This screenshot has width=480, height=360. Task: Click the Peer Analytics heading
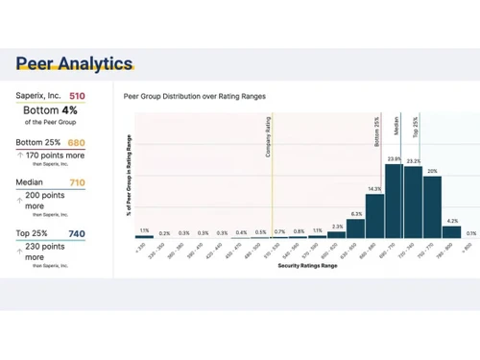[74, 64]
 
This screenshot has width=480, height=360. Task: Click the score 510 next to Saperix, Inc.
[77, 96]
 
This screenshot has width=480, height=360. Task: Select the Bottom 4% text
[50, 110]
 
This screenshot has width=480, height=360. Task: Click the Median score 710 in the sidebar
[77, 182]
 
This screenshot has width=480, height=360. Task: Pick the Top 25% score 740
[77, 233]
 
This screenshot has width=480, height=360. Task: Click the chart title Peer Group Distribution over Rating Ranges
[195, 97]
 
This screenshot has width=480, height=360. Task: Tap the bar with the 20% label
[432, 206]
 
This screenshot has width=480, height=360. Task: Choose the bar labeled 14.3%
[374, 216]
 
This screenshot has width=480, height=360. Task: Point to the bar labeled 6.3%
[355, 228]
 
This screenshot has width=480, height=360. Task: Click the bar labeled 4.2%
[451, 231]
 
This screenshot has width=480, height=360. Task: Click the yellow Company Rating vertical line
[272, 192]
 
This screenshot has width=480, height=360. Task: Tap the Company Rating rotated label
[268, 138]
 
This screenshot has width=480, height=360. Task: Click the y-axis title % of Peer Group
[129, 176]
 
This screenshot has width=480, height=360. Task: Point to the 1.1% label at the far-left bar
[144, 230]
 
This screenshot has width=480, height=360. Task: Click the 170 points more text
[55, 155]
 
